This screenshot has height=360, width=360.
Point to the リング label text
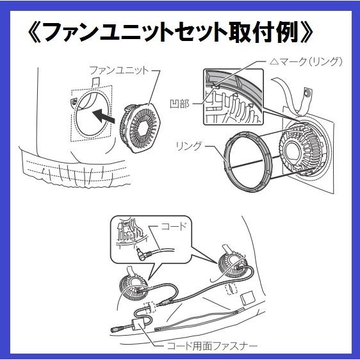[188, 146]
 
